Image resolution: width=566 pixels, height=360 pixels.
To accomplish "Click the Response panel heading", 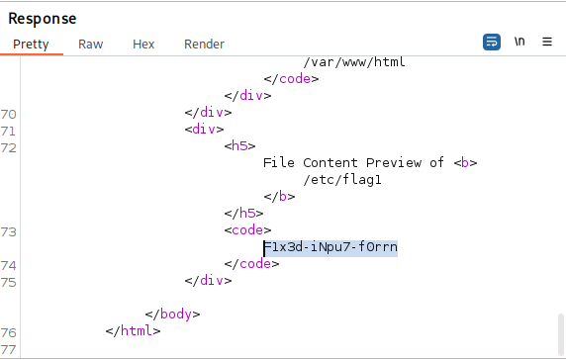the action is (x=43, y=19).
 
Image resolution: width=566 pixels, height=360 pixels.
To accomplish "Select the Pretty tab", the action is (x=31, y=44).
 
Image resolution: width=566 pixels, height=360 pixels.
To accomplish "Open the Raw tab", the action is (x=91, y=44).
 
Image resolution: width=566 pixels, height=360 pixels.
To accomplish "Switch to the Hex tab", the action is (x=143, y=44).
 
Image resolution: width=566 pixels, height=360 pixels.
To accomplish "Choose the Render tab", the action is (x=204, y=44).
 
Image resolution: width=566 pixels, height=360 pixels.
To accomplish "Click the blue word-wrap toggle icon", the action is (x=492, y=42).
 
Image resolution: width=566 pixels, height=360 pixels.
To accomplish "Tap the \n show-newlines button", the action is (x=519, y=42).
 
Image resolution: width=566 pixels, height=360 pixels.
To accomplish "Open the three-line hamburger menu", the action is (x=547, y=42).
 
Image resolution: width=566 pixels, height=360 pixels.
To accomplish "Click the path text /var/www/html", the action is (x=354, y=61).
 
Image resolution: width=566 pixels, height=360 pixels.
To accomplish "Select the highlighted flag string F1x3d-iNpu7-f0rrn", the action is (x=330, y=247).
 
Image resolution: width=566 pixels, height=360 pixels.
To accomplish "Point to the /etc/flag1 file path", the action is (x=342, y=179).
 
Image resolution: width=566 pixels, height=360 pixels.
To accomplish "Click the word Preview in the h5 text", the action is (x=394, y=162).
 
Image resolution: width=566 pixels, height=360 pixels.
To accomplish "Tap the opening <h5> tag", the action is (x=239, y=145).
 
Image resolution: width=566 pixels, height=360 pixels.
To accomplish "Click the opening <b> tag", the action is (x=466, y=162).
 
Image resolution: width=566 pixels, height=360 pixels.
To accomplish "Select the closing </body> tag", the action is (x=172, y=314).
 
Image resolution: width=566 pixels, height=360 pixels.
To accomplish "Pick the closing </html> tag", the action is (x=133, y=330).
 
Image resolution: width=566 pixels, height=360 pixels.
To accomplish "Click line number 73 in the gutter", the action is (x=8, y=232).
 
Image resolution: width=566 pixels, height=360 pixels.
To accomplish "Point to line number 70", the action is (x=8, y=115).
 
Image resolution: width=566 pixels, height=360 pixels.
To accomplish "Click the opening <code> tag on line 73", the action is (x=247, y=229).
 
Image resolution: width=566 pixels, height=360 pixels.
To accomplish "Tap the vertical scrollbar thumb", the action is (x=561, y=334).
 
